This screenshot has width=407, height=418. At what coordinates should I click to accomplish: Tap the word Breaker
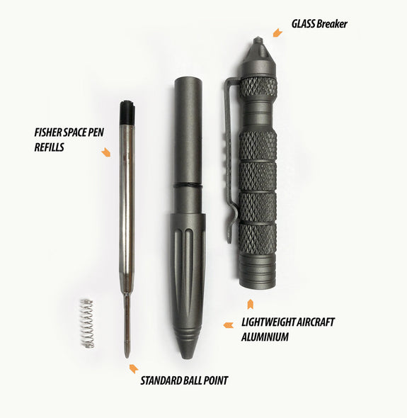point(332,24)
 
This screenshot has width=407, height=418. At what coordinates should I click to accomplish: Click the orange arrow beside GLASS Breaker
point(277,33)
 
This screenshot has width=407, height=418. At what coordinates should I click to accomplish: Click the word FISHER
point(48,132)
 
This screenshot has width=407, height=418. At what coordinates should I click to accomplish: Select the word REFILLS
point(50,147)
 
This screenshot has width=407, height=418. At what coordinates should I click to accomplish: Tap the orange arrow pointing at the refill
point(105,152)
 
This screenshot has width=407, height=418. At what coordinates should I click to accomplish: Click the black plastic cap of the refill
point(127,112)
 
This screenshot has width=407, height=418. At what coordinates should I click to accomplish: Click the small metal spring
point(87,323)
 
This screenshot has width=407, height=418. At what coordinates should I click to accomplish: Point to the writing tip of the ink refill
point(127,356)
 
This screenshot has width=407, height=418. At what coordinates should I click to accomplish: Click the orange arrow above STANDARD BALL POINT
point(134,368)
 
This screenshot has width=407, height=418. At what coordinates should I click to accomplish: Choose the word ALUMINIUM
point(265,337)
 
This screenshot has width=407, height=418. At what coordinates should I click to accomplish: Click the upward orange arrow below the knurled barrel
point(250,304)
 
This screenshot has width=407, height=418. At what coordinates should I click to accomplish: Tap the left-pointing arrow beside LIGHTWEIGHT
point(228,325)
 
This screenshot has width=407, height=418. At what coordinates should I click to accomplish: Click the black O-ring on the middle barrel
point(188,185)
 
